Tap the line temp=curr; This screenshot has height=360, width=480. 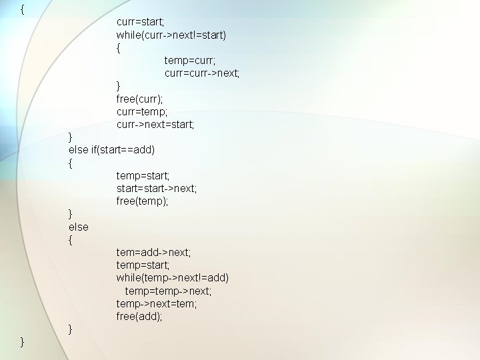point(190,61)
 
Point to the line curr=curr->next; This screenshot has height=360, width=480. point(202,73)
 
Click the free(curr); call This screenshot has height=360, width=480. point(139,99)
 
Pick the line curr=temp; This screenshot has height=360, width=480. point(141,112)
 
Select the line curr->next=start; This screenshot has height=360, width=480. point(155,125)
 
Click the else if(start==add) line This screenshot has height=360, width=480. point(111,150)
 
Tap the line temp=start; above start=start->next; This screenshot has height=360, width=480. point(143,176)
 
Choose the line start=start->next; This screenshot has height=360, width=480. point(157,189)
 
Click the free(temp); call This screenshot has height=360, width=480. point(143,201)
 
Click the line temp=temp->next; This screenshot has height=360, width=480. point(168,291)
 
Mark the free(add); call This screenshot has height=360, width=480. point(139,317)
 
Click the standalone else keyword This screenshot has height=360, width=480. point(79,227)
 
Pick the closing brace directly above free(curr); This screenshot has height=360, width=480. point(119,86)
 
